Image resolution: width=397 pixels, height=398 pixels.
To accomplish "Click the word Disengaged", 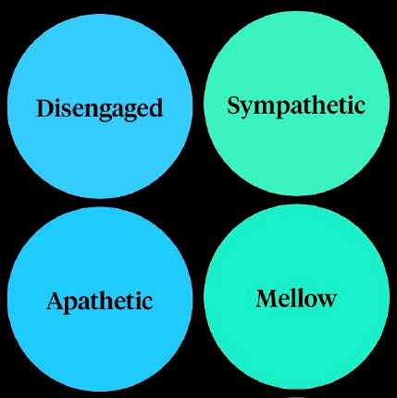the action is tap(99, 109).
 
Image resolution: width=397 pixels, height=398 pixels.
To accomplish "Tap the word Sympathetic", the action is tap(296, 106).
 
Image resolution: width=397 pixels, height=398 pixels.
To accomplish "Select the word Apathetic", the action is tap(100, 302).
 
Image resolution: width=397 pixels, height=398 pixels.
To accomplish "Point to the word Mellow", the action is tap(296, 298).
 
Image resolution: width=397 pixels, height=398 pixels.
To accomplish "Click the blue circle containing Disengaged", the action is tap(100, 106).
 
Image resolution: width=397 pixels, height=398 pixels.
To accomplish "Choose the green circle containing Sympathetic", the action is tap(296, 104).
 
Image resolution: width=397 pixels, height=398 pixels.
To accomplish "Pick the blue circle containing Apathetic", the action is tap(100, 299).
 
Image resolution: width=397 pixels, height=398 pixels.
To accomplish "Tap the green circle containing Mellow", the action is tap(296, 297).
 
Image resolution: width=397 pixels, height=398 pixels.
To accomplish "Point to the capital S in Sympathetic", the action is tap(234, 106).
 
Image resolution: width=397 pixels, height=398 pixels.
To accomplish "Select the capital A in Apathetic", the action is tap(56, 301).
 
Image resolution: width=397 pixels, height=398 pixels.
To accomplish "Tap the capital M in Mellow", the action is tap(267, 298).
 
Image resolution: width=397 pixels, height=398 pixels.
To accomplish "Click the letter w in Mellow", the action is tap(327, 301).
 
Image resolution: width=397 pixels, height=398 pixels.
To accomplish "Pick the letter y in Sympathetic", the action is tap(248, 110).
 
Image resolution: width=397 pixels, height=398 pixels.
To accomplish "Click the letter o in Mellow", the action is tap(309, 301).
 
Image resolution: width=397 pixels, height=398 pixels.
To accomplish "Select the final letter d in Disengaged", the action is tap(155, 108).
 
